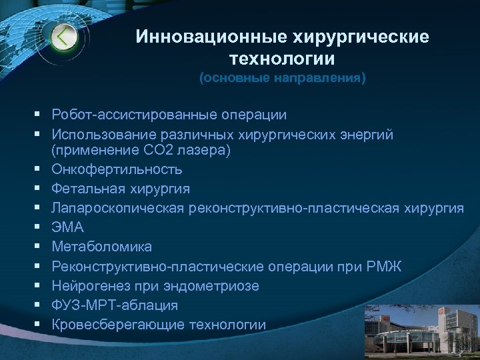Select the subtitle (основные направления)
click(x=283, y=79)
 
